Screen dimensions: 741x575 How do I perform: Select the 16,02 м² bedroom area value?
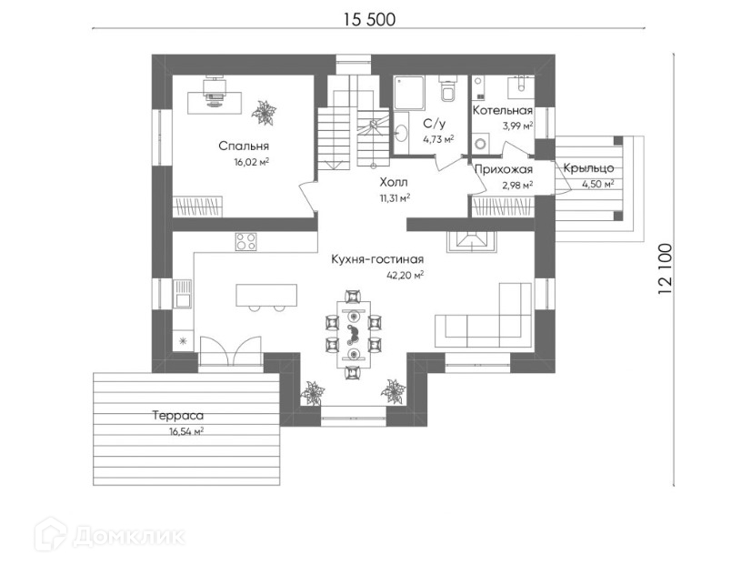pos(251,162)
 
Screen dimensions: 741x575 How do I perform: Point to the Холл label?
pos(393,181)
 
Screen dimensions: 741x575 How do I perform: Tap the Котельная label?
pos(501,111)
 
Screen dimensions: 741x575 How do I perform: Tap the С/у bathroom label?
pos(435,122)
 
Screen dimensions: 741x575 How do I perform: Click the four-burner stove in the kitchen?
pos(245,242)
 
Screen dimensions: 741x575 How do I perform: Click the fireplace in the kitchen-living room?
pos(472,242)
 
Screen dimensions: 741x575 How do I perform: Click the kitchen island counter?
pos(265,296)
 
